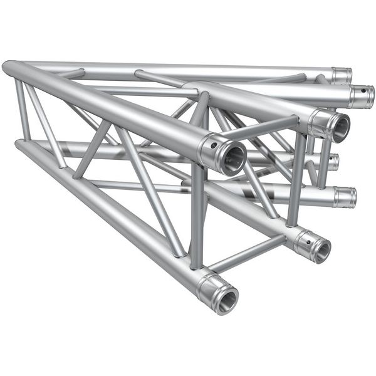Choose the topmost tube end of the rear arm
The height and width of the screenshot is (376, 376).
[342, 76]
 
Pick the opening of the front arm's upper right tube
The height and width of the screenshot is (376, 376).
[339, 128]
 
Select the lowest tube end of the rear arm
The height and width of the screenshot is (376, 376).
[344, 197]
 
